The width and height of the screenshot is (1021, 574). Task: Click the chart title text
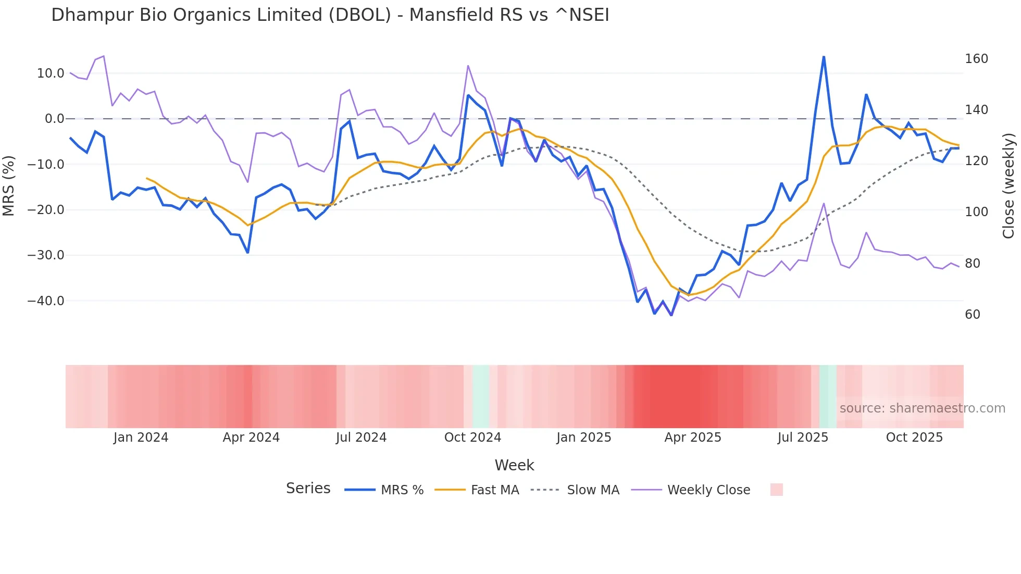click(x=330, y=15)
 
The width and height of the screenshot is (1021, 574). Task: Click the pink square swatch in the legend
click(x=776, y=490)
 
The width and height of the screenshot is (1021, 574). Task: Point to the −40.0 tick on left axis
click(x=46, y=301)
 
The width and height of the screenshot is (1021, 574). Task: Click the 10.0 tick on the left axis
click(x=51, y=73)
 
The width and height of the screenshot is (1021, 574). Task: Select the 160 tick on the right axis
click(x=976, y=59)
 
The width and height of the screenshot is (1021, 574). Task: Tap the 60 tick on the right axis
click(x=973, y=315)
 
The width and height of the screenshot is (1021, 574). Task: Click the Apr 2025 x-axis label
click(x=692, y=438)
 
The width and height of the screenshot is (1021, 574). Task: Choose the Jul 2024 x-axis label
click(x=361, y=438)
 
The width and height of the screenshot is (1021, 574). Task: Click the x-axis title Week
click(x=514, y=465)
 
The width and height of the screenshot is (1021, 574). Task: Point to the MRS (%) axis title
click(x=9, y=186)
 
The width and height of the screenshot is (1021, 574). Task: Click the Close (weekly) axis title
click(x=1008, y=186)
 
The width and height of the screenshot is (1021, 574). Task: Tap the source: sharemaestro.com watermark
click(x=922, y=408)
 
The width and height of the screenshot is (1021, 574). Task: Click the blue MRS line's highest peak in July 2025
click(x=824, y=57)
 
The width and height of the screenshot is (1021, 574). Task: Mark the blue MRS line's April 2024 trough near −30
click(x=247, y=253)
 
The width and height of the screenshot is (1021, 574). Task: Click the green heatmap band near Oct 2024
click(x=481, y=396)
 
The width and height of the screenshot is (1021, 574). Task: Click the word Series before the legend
click(x=308, y=489)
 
